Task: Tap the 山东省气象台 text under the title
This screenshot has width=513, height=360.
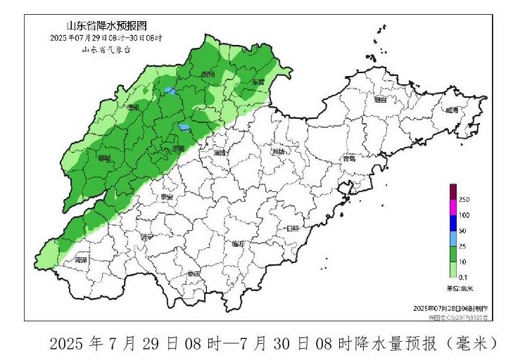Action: [106, 49]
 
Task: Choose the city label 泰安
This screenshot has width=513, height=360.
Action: [167, 199]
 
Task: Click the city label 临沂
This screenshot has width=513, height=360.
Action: [239, 244]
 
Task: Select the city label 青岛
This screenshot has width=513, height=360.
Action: [348, 159]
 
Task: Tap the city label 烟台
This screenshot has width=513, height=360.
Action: [381, 101]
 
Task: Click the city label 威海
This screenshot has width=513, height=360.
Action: [451, 110]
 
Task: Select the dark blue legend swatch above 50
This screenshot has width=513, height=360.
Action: [453, 223]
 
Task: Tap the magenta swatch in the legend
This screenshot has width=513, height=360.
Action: [453, 207]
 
